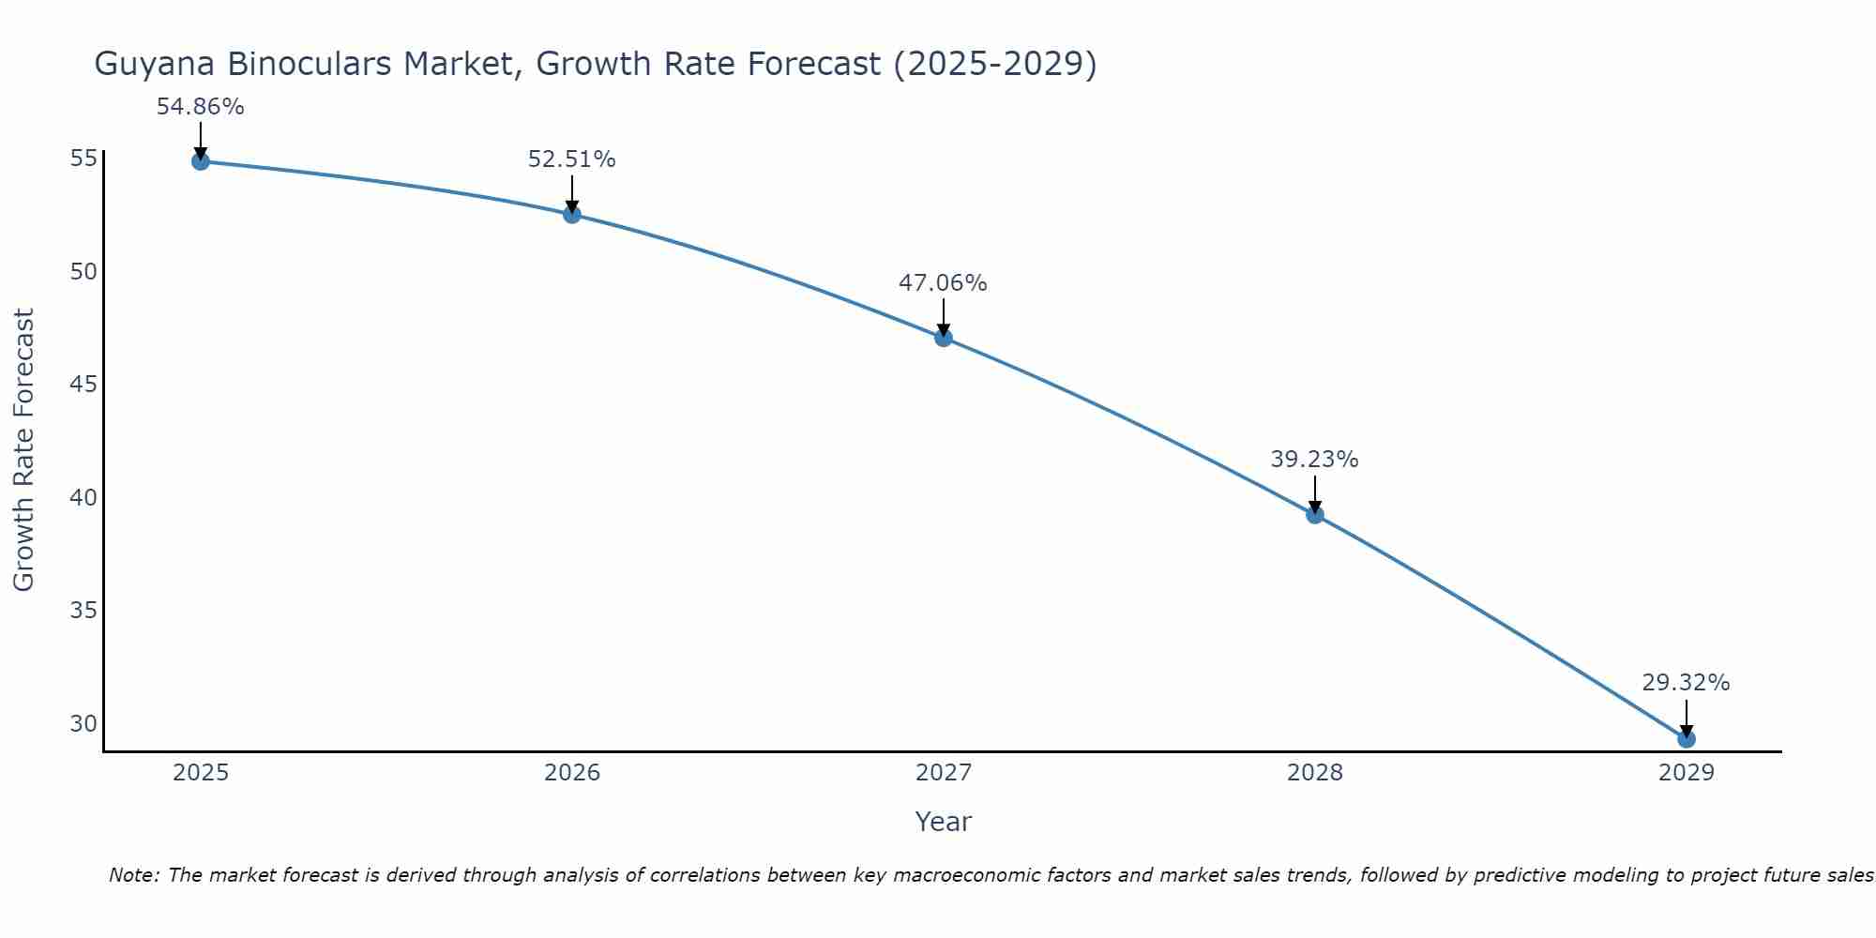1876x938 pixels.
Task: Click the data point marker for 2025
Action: click(201, 161)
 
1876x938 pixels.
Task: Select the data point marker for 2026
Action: click(572, 215)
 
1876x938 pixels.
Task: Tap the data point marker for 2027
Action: click(944, 338)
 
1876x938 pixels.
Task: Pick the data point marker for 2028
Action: click(1315, 515)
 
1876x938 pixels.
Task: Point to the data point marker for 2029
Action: click(1687, 739)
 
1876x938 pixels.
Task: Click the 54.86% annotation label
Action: click(201, 107)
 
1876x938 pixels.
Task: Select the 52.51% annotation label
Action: click(572, 159)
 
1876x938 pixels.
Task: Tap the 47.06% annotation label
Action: click(944, 283)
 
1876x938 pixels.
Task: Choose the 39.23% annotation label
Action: click(1315, 460)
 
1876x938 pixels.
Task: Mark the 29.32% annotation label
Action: click(1687, 683)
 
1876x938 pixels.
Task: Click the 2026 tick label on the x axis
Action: click(572, 773)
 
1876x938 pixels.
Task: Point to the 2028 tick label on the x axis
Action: click(1315, 773)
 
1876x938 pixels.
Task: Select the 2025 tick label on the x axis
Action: click(201, 773)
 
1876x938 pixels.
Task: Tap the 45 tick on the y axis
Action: click(83, 385)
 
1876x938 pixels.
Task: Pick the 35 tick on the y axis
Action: click(83, 611)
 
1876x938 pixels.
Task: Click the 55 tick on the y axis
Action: click(83, 158)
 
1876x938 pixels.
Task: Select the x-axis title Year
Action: click(944, 822)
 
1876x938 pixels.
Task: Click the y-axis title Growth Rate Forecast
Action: click(24, 450)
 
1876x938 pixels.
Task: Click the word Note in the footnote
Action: click(134, 875)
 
